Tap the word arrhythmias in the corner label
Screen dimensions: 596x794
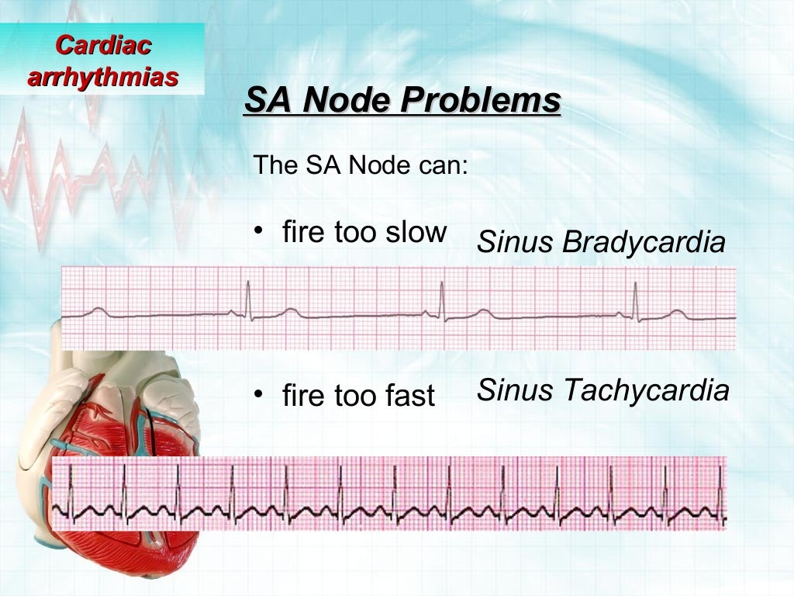[103, 77]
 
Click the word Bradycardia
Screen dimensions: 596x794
[644, 243]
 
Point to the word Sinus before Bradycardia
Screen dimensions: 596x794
[515, 243]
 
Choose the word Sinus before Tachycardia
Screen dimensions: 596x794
[515, 390]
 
